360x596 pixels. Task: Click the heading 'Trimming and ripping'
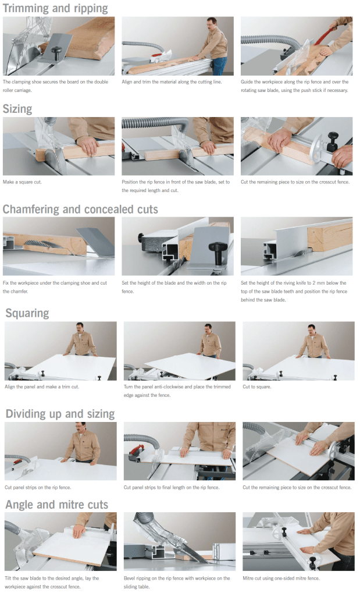55,8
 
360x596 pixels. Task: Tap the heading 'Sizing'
17,109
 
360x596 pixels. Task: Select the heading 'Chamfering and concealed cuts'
80,210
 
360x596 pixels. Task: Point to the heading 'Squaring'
27,313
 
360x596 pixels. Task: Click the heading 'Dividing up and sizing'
60,414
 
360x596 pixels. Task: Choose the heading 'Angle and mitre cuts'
57,505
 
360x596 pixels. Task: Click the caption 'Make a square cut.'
22,182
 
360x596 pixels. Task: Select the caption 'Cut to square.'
257,387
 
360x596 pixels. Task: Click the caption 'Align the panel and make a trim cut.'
42,387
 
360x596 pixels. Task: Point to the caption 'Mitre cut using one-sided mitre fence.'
281,578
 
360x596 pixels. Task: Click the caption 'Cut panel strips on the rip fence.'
38,487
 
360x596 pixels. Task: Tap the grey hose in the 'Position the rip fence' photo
156,123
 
